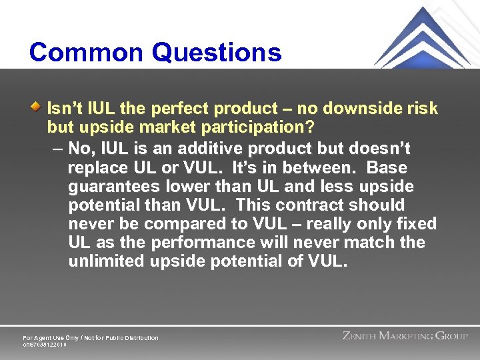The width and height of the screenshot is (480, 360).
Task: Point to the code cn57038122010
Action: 45,345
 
